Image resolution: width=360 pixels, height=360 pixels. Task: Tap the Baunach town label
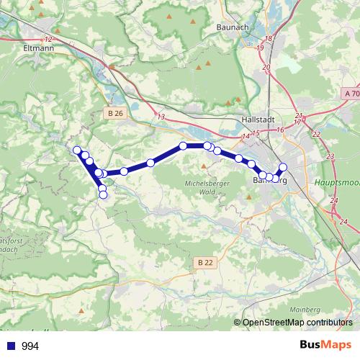(233, 27)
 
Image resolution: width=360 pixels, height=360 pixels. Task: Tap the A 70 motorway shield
(351, 94)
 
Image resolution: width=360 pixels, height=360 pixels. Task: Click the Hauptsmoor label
(336, 183)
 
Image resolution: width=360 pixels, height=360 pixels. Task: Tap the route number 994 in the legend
(30, 346)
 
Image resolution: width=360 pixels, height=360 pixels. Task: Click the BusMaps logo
(325, 346)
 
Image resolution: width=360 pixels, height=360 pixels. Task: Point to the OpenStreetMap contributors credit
(297, 323)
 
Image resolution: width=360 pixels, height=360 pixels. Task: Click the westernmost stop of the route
(77, 150)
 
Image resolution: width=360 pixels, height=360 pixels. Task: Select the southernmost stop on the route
(103, 194)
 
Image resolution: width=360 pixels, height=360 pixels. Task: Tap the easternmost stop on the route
(283, 167)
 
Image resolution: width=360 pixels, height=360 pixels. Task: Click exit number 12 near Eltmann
(49, 39)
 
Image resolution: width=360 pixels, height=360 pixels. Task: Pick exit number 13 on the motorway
(161, 116)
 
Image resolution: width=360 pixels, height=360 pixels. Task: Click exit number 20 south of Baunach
(266, 67)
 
